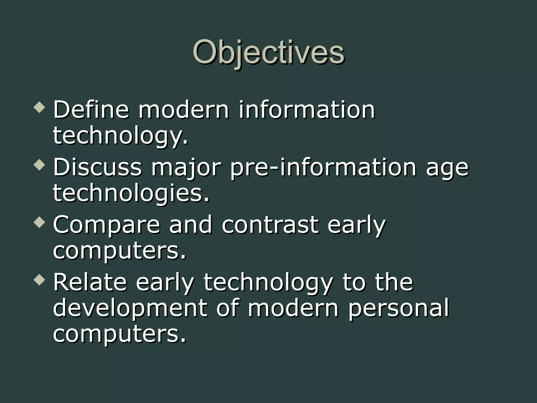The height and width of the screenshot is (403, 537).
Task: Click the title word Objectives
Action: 268,52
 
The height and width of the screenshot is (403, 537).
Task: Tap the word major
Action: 186,168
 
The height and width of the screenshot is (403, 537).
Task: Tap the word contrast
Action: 270,225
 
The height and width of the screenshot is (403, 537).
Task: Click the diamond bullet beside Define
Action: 40,108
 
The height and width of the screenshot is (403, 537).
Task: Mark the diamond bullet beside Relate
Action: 40,280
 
